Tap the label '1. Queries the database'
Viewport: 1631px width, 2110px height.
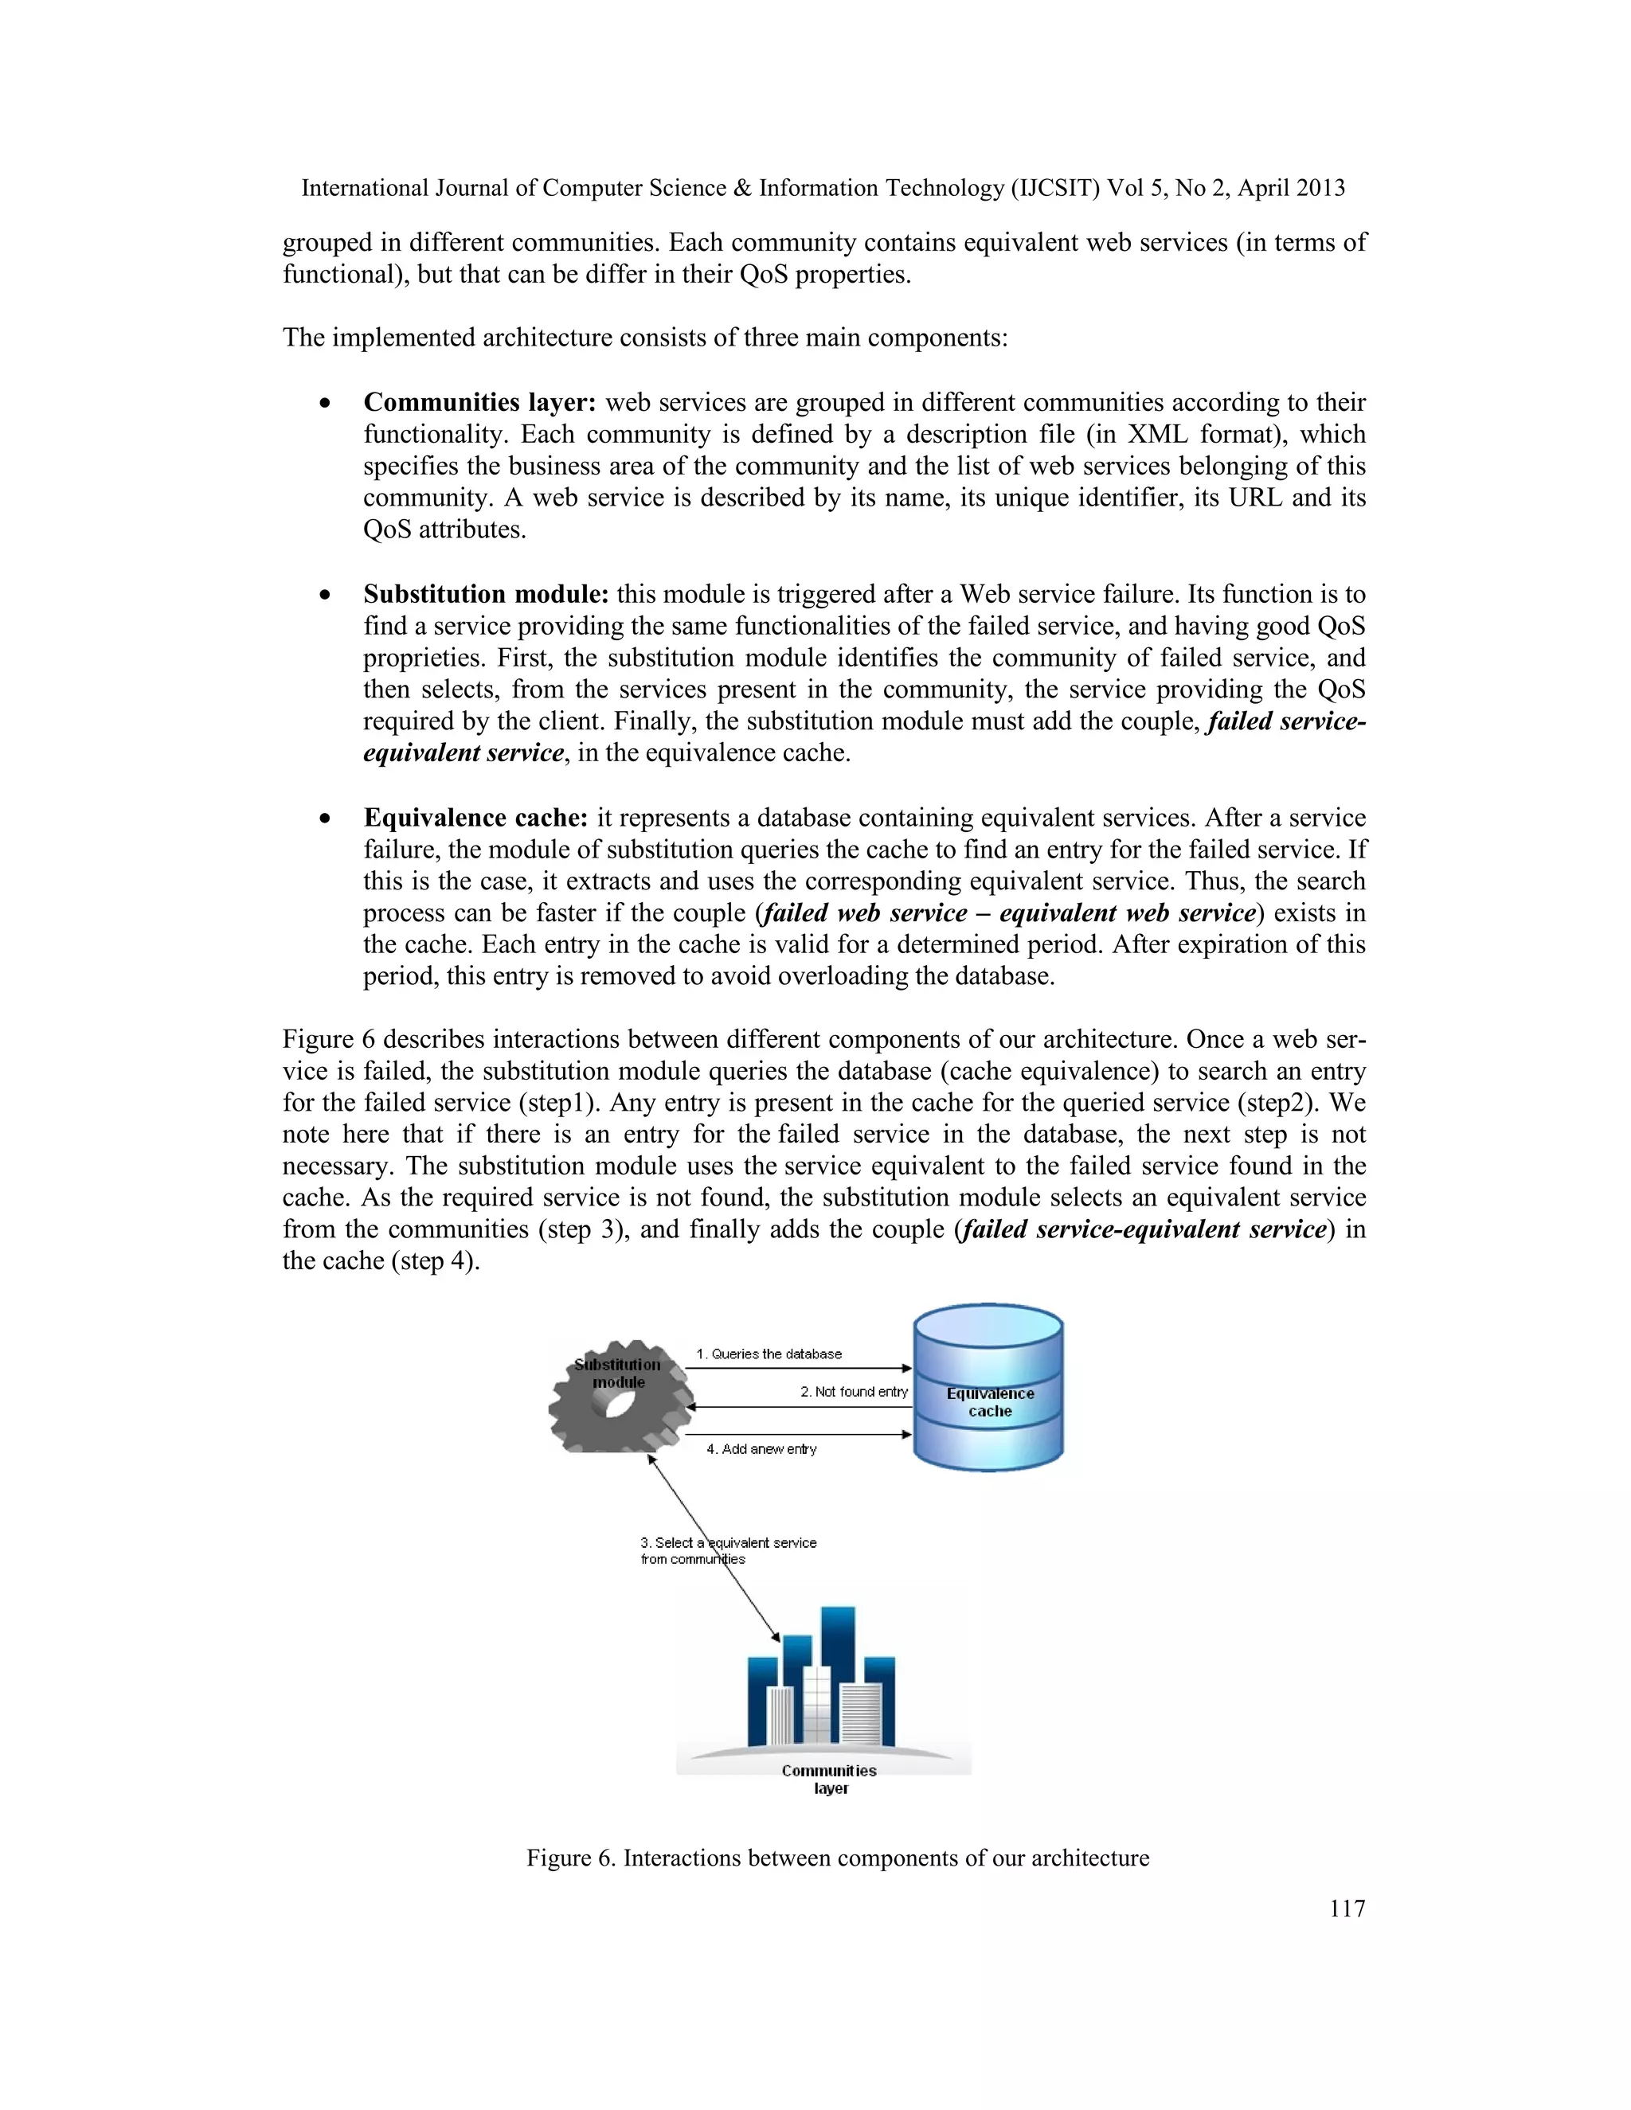(x=769, y=1354)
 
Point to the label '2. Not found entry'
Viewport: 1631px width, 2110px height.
(x=853, y=1391)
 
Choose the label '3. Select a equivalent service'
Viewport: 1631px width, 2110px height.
(x=728, y=1542)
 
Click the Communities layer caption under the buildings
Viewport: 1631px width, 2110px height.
(x=829, y=1779)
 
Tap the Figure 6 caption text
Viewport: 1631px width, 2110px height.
(x=837, y=1858)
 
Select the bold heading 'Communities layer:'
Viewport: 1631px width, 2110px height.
(x=480, y=402)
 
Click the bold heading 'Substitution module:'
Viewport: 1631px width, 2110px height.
(x=486, y=593)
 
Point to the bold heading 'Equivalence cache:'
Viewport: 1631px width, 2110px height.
(x=475, y=818)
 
